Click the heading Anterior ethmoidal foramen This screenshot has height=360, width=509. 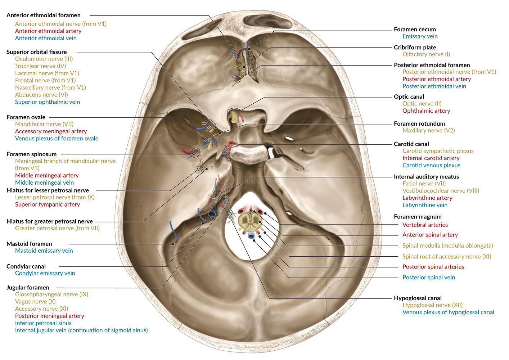[44, 15]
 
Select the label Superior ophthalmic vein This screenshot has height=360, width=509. [48, 102]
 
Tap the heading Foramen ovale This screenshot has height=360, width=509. [26, 117]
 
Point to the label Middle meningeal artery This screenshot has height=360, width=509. [47, 175]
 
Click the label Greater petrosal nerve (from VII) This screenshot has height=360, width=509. [57, 228]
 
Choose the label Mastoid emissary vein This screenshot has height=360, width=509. [44, 251]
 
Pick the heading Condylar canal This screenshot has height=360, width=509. [26, 266]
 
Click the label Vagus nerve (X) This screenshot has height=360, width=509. [35, 301]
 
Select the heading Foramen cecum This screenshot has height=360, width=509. [415, 30]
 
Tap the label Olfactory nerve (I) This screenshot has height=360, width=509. [426, 54]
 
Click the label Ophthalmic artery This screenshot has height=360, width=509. [426, 111]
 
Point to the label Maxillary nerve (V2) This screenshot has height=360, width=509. [428, 131]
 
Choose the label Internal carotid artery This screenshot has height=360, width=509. [431, 158]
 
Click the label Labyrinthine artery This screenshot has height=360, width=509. [427, 198]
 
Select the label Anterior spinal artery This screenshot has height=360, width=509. [430, 235]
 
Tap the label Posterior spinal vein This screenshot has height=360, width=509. [428, 278]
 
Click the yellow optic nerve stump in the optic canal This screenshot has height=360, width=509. [234, 117]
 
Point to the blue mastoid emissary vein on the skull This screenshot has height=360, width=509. [174, 233]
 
